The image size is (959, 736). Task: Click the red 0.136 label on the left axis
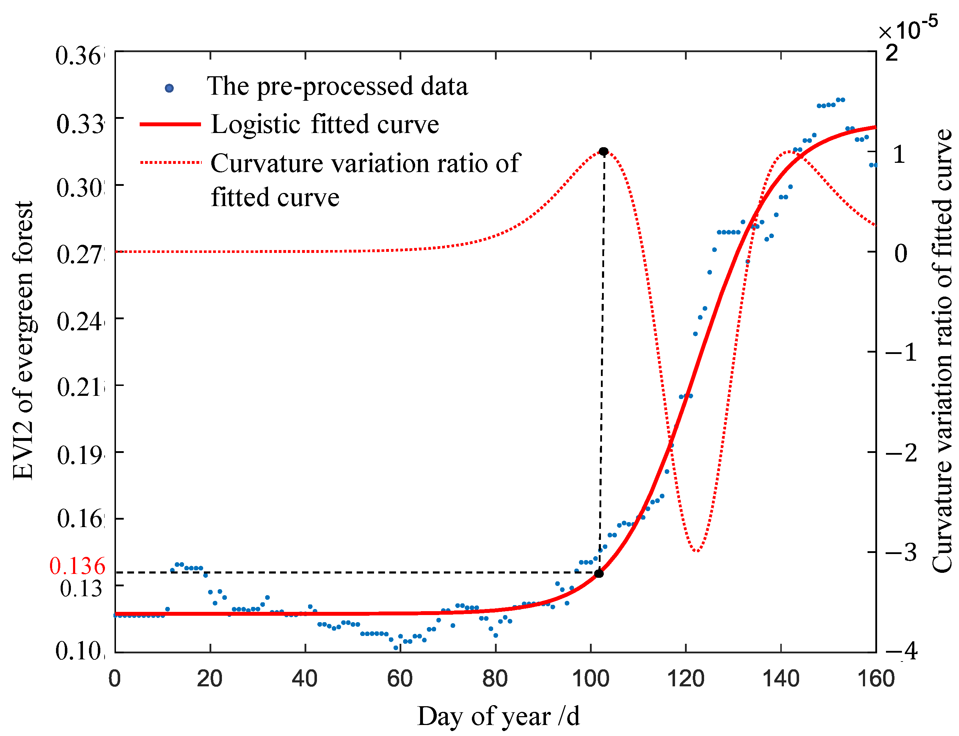tap(77, 566)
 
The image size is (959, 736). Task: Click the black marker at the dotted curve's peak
tap(603, 151)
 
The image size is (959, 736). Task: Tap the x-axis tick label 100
tap(590, 679)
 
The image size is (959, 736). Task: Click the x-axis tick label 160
tap(875, 679)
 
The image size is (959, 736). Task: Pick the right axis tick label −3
tap(901, 552)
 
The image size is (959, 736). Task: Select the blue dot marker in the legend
tap(169, 88)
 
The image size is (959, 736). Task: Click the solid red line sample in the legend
tap(170, 124)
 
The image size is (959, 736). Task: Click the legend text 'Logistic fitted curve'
tap(324, 124)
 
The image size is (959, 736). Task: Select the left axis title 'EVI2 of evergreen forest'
tap(23, 341)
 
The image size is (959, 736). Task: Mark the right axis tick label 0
tap(900, 253)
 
